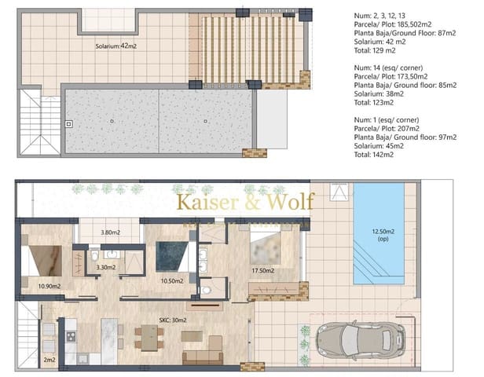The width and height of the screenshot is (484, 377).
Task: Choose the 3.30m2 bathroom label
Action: (x=105, y=267)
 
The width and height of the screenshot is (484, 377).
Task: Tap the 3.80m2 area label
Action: (x=112, y=232)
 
